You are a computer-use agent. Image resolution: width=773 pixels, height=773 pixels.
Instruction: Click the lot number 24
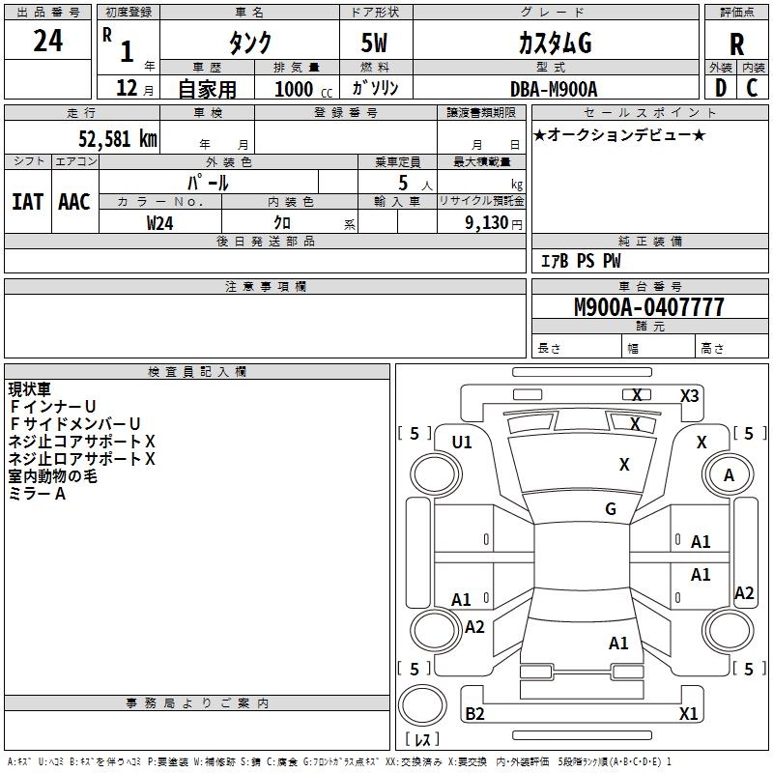coord(47,41)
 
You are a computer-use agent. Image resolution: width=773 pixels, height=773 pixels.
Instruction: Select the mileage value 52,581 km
coord(118,138)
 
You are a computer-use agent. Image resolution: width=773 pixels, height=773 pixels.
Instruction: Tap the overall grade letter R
coord(736,44)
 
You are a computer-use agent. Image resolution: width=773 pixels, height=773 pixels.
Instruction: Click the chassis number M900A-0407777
coord(649,306)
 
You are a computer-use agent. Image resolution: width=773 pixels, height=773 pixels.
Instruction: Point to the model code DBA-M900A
coord(554,89)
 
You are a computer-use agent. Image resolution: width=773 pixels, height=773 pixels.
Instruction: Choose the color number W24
coord(159,223)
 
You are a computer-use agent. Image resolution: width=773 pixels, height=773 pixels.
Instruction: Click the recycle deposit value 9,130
coord(487,223)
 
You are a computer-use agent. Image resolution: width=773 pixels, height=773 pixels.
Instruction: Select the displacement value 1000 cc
coord(303,89)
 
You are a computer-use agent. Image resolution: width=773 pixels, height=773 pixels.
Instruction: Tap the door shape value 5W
coord(374,43)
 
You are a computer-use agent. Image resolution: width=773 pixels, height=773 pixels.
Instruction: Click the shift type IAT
coord(28,202)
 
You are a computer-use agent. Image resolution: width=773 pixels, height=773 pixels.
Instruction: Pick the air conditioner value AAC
coord(74,202)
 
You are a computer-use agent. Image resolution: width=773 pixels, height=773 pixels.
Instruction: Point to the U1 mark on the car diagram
coord(462,443)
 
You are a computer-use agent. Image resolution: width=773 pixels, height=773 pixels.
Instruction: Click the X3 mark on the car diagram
coord(690,396)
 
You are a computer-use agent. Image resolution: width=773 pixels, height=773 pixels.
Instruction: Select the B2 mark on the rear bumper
coord(474,713)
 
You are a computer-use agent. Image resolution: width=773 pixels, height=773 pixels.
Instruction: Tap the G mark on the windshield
coord(611,508)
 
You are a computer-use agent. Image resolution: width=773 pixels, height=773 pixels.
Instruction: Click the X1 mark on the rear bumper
coord(688,713)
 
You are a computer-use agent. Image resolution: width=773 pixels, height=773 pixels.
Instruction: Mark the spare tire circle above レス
coord(422,705)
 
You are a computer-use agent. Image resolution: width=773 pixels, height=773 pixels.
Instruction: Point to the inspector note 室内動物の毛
coord(52,475)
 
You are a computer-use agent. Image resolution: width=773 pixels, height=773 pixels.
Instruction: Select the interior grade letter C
coord(752,88)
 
